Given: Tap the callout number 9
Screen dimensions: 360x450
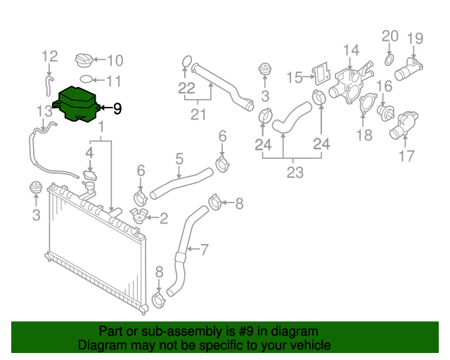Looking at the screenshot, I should point(117,109).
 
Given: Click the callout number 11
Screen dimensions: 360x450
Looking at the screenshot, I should point(114,81).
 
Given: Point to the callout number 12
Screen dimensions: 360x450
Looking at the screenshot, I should point(49,56).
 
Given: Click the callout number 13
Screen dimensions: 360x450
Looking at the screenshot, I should point(44,110).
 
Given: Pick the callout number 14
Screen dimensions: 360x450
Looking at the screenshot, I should point(351,50).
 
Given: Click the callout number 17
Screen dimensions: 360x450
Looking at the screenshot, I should point(407,157).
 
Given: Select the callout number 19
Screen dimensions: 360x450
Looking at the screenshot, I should point(415,38).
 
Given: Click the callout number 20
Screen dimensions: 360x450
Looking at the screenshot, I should point(390,36).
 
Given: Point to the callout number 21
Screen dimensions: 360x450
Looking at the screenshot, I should point(200,115).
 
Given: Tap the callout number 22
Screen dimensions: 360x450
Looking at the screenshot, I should point(186,88).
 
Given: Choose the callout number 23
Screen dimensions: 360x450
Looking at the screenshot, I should point(294,171).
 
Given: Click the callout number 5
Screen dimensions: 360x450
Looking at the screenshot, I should point(179,159).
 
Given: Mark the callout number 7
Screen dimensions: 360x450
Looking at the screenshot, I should point(205,249).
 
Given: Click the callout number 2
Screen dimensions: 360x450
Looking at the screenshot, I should point(164,219).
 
